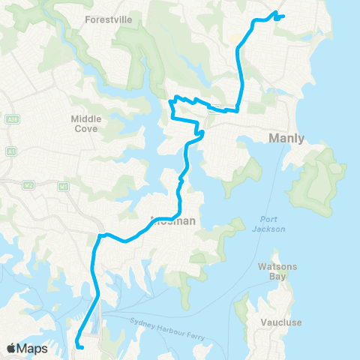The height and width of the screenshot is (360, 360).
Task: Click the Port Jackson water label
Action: [x=268, y=224]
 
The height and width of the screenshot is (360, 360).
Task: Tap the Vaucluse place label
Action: [x=281, y=322]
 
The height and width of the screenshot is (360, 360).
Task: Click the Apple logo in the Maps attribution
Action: [x=11, y=348]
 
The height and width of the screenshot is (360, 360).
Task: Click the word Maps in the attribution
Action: [x=32, y=348]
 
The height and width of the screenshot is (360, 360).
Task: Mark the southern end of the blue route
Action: [x=78, y=346]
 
